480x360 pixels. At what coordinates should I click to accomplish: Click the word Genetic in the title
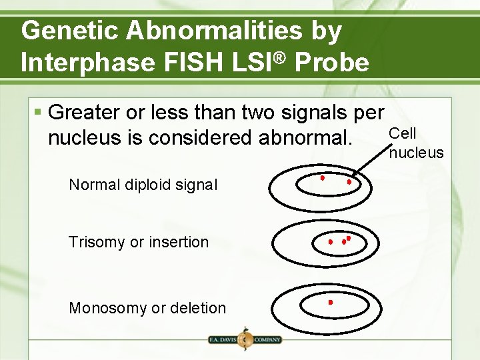click(x=65, y=31)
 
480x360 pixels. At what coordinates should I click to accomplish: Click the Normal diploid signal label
click(x=143, y=185)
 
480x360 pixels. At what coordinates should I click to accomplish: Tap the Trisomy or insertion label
click(x=138, y=242)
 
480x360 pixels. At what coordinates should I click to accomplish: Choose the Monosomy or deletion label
click(x=147, y=308)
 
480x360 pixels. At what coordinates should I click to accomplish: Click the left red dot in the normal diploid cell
click(x=322, y=178)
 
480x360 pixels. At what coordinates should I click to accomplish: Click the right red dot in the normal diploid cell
click(x=349, y=181)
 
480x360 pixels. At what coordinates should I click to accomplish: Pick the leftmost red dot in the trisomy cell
click(x=330, y=242)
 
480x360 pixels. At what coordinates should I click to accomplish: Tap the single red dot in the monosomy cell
click(x=330, y=303)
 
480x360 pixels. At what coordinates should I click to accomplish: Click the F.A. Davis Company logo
click(x=245, y=339)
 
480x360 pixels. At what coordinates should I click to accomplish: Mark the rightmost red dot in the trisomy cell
click(x=349, y=238)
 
